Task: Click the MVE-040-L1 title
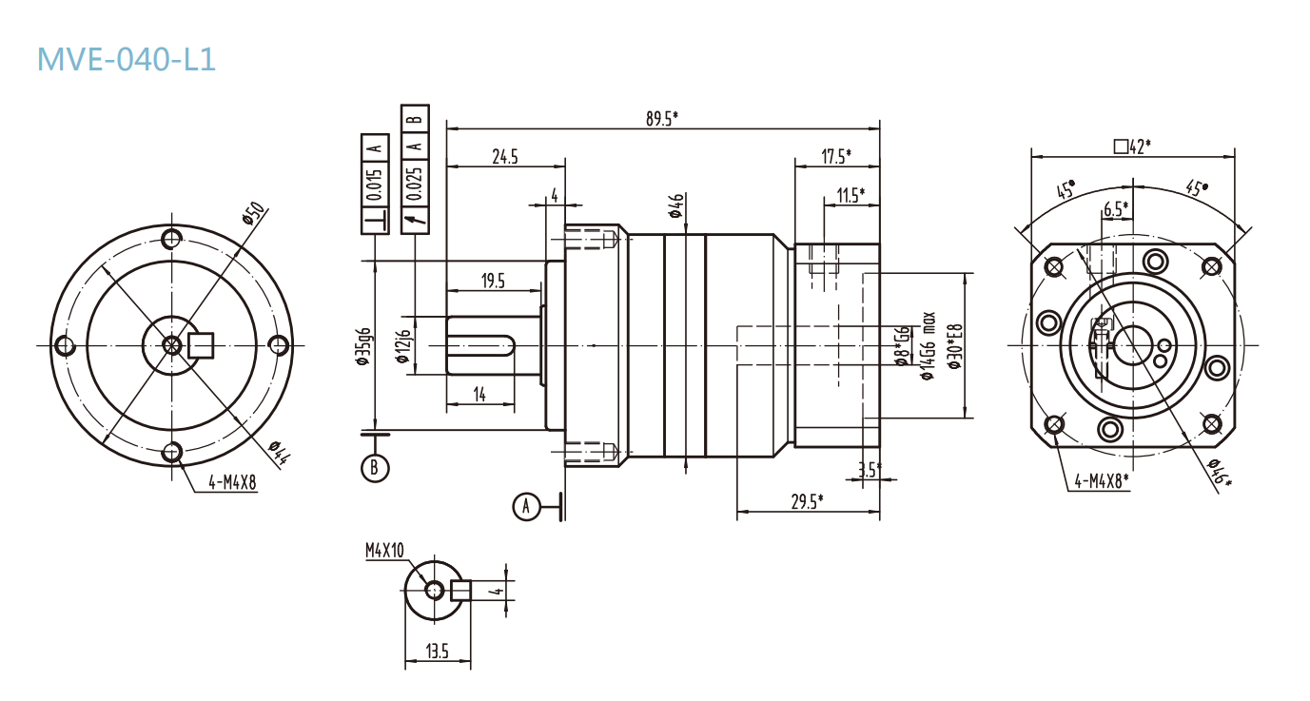pyautogui.click(x=127, y=59)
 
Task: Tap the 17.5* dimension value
pyautogui.click(x=835, y=156)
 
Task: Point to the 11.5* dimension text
pyautogui.click(x=850, y=196)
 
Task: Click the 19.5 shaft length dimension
pyautogui.click(x=493, y=281)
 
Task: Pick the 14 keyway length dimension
pyautogui.click(x=479, y=395)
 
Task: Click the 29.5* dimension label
pyautogui.click(x=807, y=501)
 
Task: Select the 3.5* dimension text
pyautogui.click(x=869, y=469)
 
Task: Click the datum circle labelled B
pyautogui.click(x=375, y=467)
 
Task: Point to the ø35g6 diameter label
pyautogui.click(x=362, y=347)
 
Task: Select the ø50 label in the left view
pyautogui.click(x=252, y=213)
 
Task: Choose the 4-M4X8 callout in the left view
pyautogui.click(x=225, y=483)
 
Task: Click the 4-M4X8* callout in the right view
pyautogui.click(x=1101, y=481)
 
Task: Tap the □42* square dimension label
pyautogui.click(x=1132, y=146)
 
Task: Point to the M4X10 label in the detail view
pyautogui.click(x=384, y=550)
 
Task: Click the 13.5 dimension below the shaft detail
pyautogui.click(x=438, y=652)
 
